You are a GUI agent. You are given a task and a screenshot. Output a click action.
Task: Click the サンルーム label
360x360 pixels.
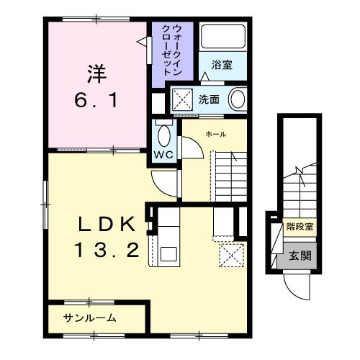pos(90,318)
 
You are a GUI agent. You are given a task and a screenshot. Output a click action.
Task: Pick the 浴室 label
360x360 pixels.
pos(222,65)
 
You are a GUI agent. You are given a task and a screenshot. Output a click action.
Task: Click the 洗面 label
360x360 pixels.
pos(209,99)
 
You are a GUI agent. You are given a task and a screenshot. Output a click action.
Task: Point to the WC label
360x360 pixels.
pos(162,153)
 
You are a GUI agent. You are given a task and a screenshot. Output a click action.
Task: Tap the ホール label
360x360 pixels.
pos(215,135)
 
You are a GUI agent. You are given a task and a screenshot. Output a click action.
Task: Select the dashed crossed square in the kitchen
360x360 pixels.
pos(231,254)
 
